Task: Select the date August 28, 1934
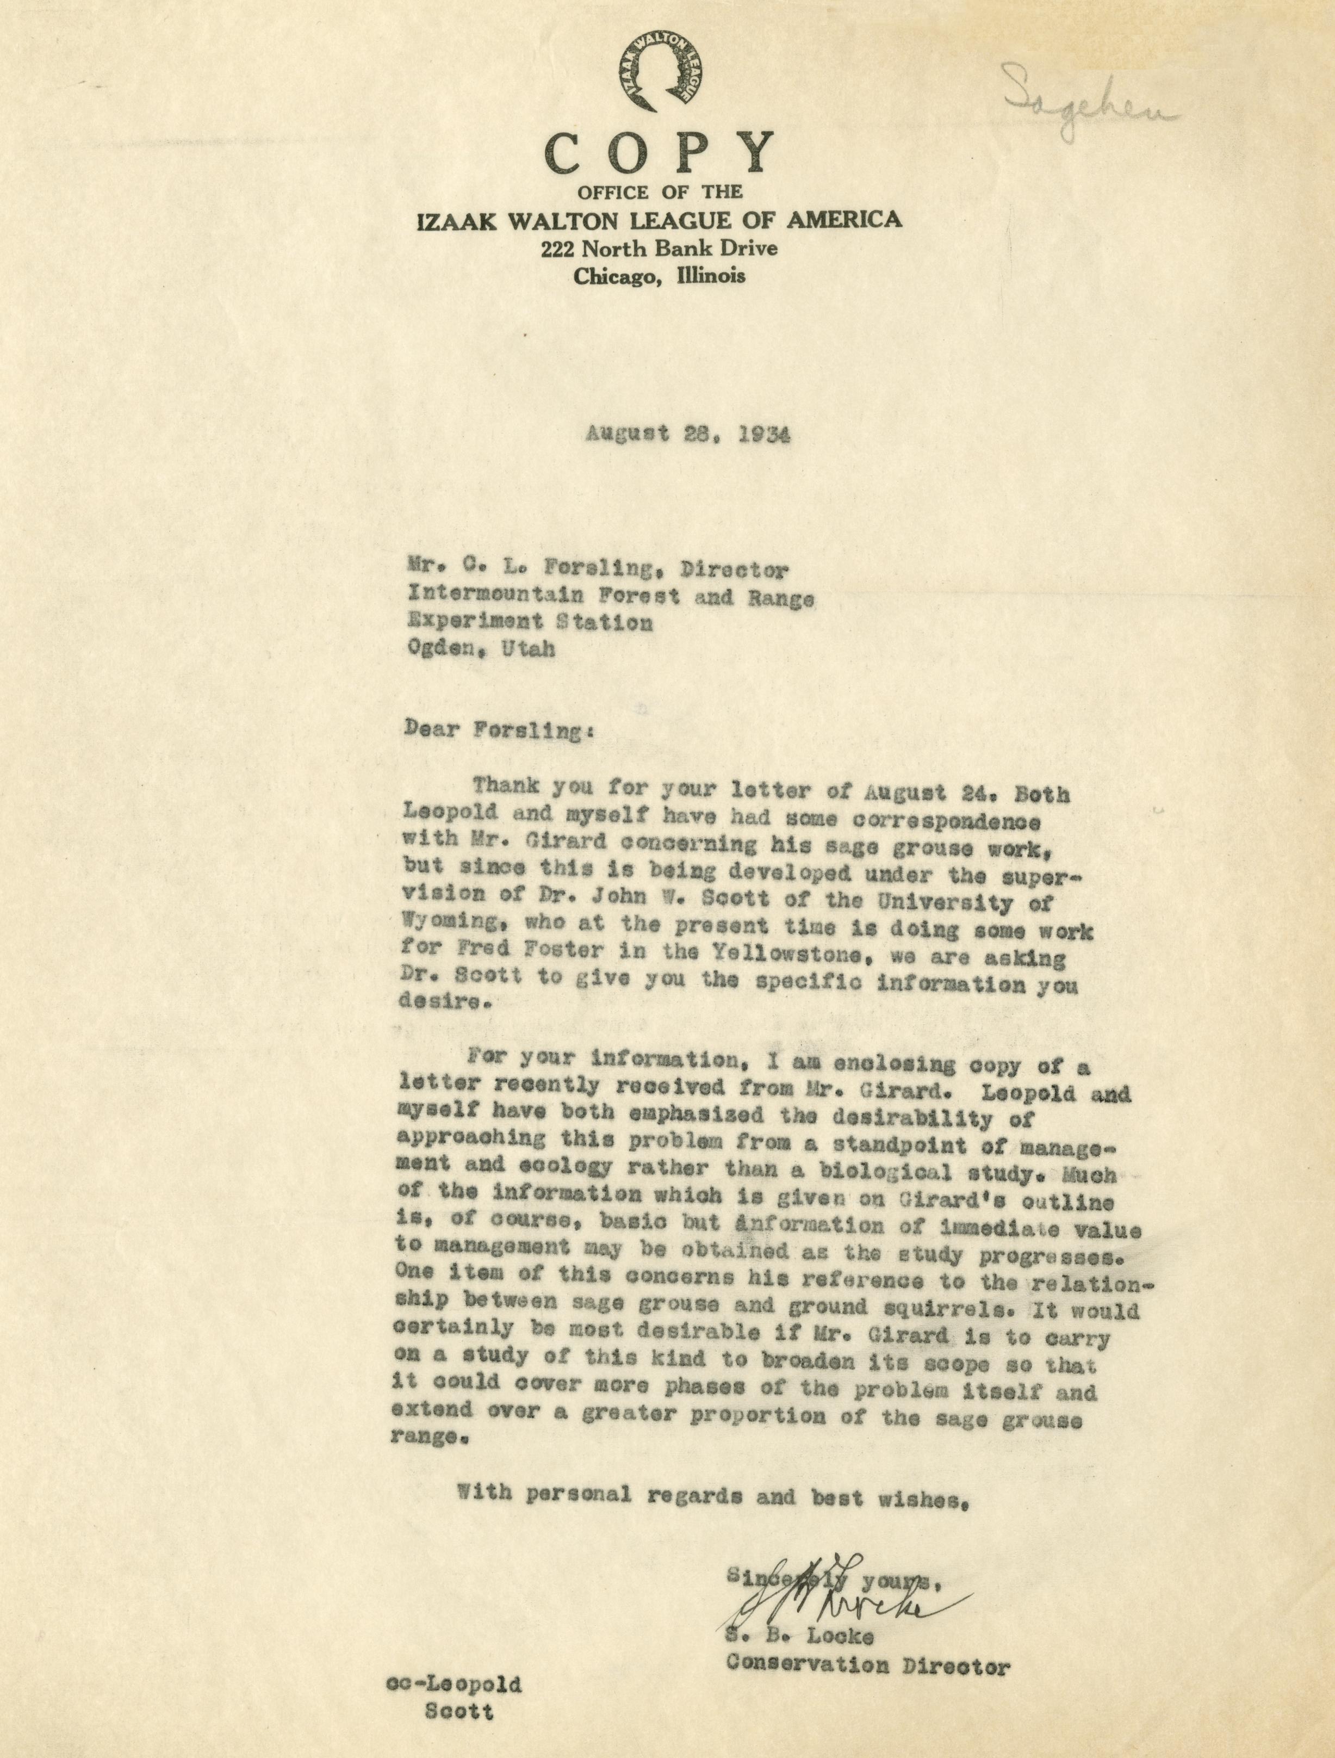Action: (x=688, y=435)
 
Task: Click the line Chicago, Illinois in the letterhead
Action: (x=659, y=276)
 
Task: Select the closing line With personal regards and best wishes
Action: (x=713, y=1495)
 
